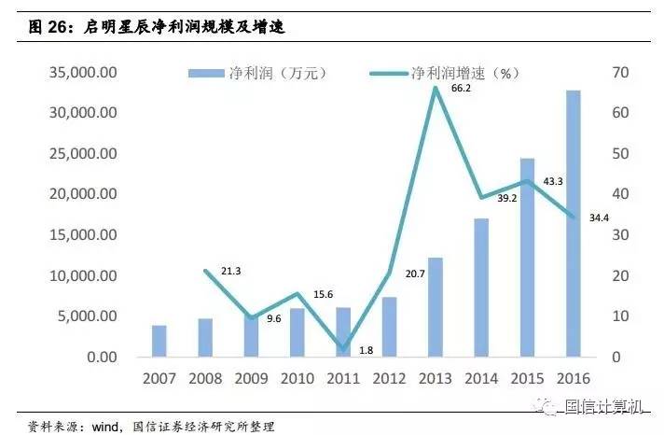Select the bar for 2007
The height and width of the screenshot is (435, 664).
coord(159,341)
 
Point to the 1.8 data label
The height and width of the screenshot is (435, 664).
coord(366,350)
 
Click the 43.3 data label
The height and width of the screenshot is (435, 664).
coord(551,181)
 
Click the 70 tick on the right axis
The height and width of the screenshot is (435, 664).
coord(621,73)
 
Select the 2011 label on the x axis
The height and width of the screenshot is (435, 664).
coord(343,379)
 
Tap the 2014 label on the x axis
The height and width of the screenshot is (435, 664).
coord(481,379)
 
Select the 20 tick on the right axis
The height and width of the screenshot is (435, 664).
coord(621,276)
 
